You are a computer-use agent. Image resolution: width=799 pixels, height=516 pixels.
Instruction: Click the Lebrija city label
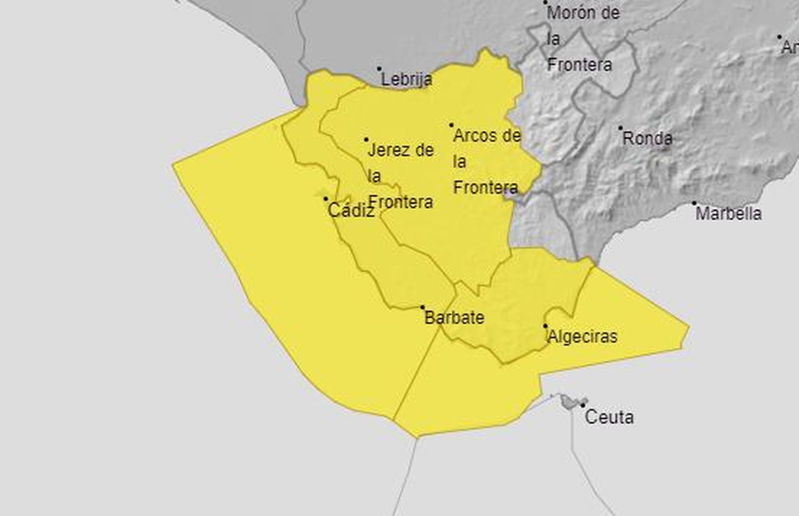coord(406,79)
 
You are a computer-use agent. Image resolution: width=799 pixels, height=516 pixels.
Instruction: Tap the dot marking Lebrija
coord(379,69)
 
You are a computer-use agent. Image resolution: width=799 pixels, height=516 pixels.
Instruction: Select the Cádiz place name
coord(351,211)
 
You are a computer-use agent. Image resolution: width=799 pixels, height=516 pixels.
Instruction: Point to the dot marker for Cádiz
coord(326,199)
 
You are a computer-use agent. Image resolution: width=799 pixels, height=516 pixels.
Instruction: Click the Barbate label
coord(454,318)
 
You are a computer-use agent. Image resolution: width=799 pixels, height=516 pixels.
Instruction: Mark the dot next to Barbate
coord(422,308)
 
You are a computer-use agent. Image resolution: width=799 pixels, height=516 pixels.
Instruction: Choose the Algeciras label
coord(582,336)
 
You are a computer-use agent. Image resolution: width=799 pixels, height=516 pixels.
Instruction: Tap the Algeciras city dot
coord(545,326)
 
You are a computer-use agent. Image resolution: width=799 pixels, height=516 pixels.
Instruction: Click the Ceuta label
coord(609,417)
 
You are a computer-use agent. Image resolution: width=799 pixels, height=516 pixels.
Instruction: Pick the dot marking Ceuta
coord(583,405)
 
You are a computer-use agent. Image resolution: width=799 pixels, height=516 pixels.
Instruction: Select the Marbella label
coord(729,214)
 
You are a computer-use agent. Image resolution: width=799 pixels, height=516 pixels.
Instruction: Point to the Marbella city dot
coord(694,203)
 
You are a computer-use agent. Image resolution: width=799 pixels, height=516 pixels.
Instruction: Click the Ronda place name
coord(647,138)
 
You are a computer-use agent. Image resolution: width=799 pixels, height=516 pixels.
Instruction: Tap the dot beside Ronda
coord(621,128)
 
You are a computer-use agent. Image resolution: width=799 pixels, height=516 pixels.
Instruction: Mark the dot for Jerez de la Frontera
coord(366,140)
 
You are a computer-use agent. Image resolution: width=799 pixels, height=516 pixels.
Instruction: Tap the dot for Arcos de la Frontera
coord(451,125)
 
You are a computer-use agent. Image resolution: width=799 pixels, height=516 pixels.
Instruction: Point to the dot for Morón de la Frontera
coord(546,2)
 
